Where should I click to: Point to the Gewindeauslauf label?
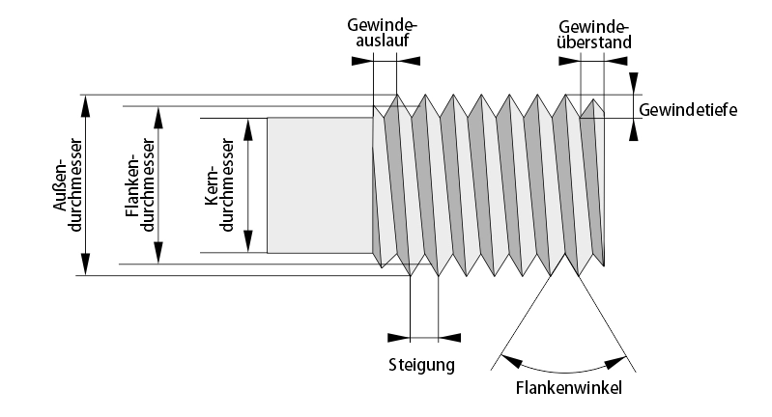click(x=385, y=35)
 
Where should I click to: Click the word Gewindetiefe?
click(x=688, y=110)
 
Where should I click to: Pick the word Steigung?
click(x=421, y=366)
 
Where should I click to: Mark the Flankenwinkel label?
click(x=567, y=388)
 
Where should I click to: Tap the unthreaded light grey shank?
click(x=319, y=185)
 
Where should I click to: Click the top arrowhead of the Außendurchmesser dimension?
click(x=86, y=103)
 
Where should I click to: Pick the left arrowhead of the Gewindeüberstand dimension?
click(x=570, y=60)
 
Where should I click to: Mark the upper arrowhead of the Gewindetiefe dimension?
click(x=634, y=85)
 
